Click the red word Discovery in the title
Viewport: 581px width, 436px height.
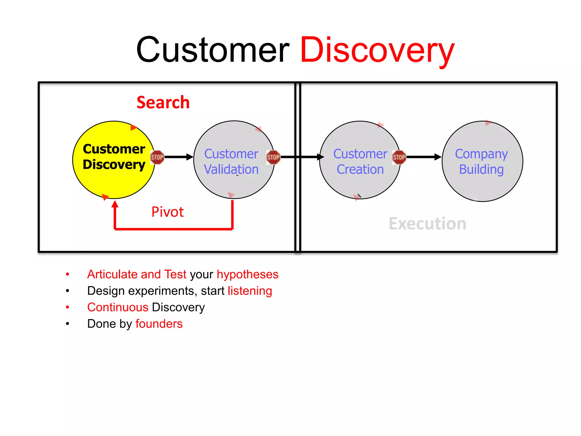point(377,51)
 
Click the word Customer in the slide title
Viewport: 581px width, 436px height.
point(213,51)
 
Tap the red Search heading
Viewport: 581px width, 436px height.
point(163,102)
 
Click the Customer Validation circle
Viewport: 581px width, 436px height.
point(234,182)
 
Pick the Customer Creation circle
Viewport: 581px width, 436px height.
point(360,182)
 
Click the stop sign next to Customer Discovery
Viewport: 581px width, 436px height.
point(157,157)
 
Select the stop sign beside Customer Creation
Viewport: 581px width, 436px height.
point(399,157)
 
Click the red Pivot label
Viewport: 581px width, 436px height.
point(167,212)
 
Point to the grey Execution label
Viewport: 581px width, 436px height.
point(427,224)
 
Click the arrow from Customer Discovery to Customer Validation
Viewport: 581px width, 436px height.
point(178,157)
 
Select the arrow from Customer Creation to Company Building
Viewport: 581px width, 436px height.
point(423,157)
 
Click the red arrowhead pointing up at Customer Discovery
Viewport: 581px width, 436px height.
point(115,204)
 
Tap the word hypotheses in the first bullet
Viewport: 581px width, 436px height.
point(247,274)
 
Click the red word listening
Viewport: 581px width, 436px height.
point(250,291)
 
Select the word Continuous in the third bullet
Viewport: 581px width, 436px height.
point(118,307)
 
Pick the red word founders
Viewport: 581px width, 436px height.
point(159,324)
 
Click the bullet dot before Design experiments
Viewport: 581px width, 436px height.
point(68,291)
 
